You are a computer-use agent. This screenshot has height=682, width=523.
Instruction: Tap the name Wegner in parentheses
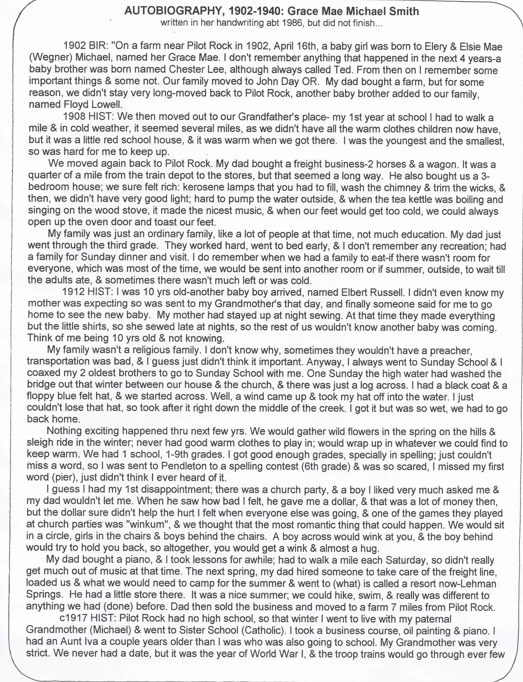click(x=47, y=59)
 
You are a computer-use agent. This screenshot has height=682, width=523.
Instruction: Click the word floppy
click(x=42, y=397)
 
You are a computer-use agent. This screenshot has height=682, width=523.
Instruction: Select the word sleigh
click(x=40, y=443)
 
